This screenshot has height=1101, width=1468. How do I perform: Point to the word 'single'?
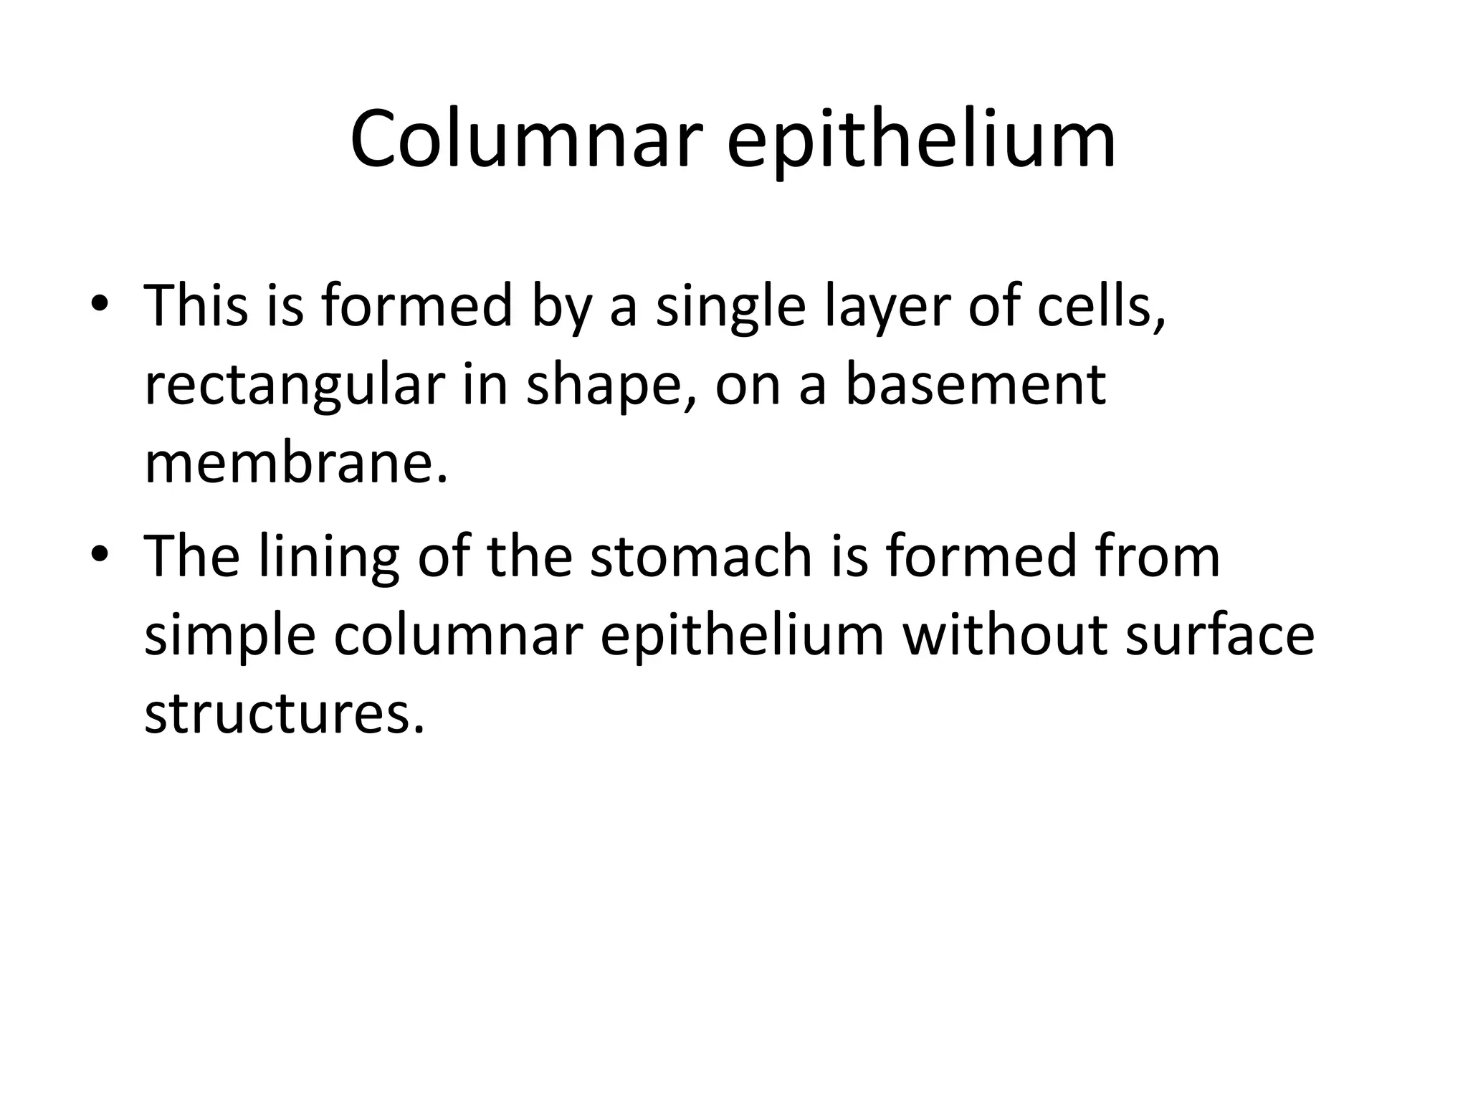(730, 307)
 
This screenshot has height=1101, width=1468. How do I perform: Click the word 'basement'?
(976, 384)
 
